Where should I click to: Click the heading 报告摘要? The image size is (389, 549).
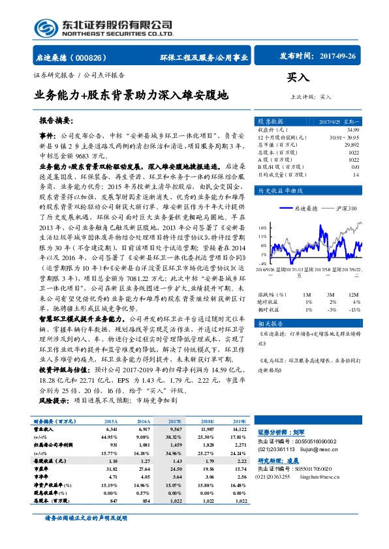(55, 121)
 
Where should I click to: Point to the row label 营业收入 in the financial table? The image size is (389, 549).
(43, 430)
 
